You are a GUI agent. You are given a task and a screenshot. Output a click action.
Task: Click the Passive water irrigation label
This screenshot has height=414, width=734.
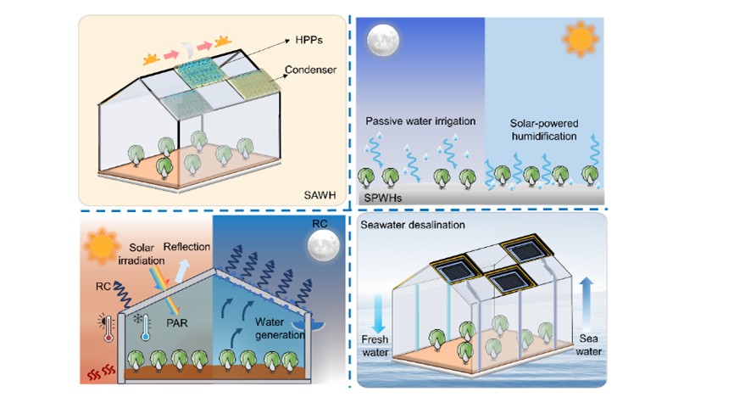click(x=422, y=122)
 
